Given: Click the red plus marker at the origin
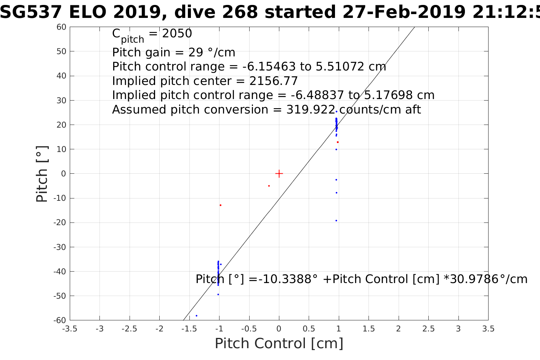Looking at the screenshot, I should (x=279, y=174).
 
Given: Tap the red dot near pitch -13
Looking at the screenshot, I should (x=220, y=205).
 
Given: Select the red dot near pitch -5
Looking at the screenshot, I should (x=269, y=186).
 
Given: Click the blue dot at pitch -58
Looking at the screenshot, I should (x=196, y=315).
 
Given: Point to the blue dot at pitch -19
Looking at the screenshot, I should (x=336, y=221).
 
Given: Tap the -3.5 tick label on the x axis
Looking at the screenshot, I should (x=69, y=329).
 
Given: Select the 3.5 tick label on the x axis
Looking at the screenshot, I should (x=488, y=329).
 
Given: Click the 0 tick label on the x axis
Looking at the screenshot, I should (x=279, y=329).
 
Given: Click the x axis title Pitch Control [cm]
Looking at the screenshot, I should (x=279, y=344).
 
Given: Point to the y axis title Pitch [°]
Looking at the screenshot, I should (x=42, y=174).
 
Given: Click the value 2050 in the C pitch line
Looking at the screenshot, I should (x=177, y=34).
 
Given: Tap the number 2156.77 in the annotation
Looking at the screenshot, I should (x=274, y=81).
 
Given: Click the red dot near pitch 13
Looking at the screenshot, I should (x=338, y=142).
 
